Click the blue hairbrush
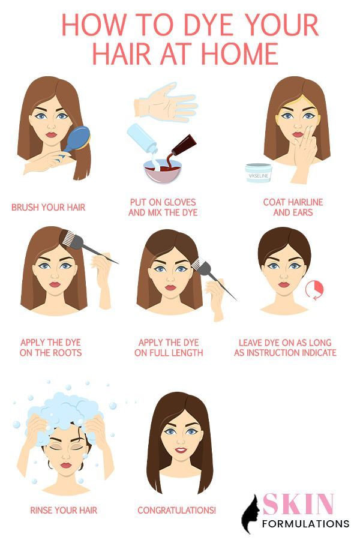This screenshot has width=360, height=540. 77,139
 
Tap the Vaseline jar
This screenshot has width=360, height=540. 259,173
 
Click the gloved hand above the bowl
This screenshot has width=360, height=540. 166,101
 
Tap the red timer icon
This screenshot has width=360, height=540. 315,289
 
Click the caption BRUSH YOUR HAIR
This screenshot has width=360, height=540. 48,208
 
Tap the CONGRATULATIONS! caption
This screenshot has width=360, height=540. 177,511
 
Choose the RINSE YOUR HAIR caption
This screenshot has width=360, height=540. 64,511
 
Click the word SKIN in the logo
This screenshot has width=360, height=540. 298,504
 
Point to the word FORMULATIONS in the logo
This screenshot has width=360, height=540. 305,524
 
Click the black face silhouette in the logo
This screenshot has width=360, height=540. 250,514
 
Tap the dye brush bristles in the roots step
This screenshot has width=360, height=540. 69,237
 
